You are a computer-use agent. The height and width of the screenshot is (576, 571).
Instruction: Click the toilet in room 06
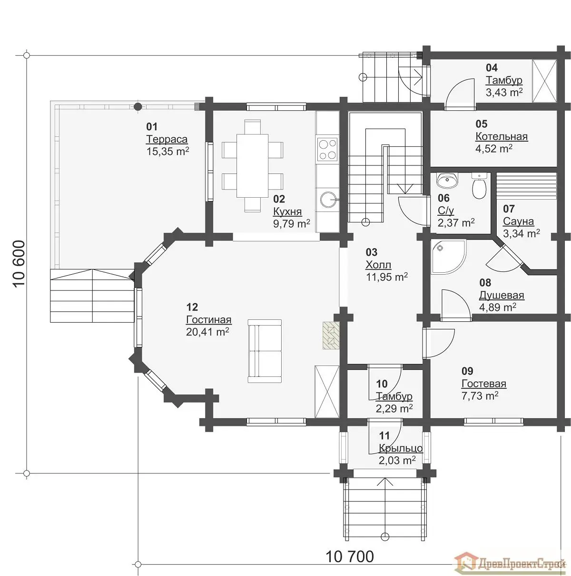(479, 186)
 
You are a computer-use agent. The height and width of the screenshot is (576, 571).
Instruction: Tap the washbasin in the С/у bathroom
(447, 180)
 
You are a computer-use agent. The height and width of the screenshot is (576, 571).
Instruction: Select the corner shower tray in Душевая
(448, 257)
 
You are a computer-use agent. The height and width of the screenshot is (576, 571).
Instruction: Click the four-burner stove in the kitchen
(327, 149)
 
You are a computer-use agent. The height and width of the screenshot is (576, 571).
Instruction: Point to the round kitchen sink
(328, 200)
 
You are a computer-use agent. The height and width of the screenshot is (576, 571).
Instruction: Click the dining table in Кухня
(252, 165)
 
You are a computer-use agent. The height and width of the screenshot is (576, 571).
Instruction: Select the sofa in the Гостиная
(265, 351)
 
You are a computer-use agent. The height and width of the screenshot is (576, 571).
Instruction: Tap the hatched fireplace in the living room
(331, 335)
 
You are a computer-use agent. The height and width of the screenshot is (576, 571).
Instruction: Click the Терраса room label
(167, 139)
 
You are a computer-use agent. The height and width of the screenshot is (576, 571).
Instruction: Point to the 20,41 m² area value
(207, 332)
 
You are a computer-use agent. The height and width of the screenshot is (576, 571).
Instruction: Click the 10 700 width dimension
(349, 557)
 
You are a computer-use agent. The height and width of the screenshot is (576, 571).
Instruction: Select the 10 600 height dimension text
(19, 264)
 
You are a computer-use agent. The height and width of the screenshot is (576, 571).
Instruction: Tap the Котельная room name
(502, 136)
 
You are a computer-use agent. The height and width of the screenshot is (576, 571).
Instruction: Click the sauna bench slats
(526, 186)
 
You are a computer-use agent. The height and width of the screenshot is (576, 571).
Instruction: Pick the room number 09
(467, 371)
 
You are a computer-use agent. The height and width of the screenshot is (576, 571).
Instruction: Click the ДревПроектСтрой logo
(509, 564)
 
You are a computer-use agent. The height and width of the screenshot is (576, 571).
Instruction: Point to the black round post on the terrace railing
(138, 106)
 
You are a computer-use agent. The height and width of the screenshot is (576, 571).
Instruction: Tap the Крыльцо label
(401, 448)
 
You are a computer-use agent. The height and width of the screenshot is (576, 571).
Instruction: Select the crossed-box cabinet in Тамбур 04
(544, 81)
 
